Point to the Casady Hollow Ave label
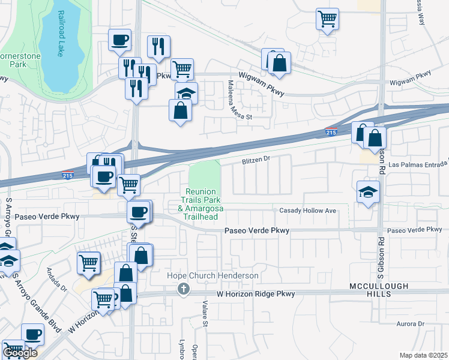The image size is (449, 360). click(307, 211)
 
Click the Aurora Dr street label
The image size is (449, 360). click(411, 324)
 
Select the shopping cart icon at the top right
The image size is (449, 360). click(327, 19)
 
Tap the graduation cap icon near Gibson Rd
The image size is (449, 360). click(369, 192)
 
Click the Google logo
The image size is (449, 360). click(20, 353)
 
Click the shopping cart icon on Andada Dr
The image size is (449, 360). click(88, 263)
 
